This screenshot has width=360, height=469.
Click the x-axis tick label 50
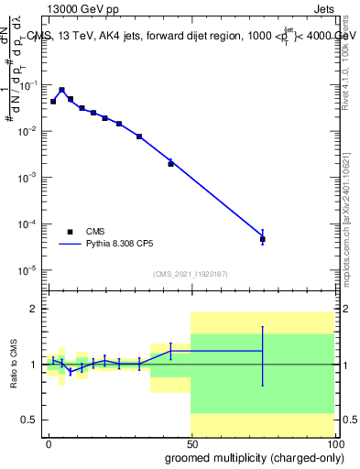[191, 442]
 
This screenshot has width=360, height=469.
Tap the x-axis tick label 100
[333, 442]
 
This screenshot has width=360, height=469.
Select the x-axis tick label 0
[49, 442]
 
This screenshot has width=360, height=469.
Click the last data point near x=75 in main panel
[263, 239]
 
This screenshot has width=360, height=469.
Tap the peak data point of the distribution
[61, 90]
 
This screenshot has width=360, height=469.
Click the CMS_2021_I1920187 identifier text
[190, 274]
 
